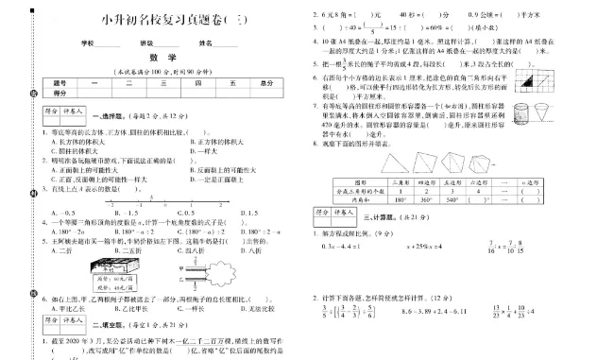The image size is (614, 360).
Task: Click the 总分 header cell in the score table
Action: click(x=267, y=82)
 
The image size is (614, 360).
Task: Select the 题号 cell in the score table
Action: click(x=61, y=82)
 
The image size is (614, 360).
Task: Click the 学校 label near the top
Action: click(x=88, y=43)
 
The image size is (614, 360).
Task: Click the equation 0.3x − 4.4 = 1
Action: click(x=350, y=248)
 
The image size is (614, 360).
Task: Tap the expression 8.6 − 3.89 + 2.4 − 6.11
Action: click(x=441, y=309)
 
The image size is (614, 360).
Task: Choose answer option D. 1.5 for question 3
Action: click(x=225, y=213)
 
